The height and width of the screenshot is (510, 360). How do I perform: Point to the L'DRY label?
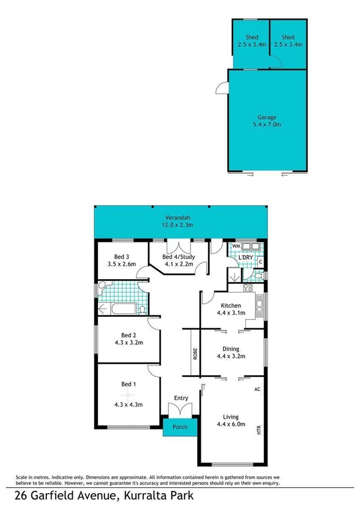point(243,257)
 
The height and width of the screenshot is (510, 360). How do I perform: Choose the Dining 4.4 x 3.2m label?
point(231,352)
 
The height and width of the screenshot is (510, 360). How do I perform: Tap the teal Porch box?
point(180,428)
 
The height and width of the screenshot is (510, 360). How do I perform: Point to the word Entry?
point(181,398)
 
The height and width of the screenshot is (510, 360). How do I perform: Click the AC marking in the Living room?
point(257,389)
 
